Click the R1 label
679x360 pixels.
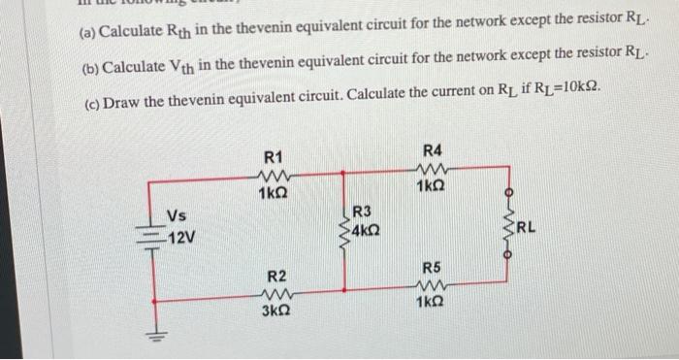274,157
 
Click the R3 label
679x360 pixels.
362,211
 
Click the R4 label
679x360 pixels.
433,150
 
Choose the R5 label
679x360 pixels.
433,267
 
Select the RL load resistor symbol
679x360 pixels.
503,231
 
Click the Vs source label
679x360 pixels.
177,215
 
